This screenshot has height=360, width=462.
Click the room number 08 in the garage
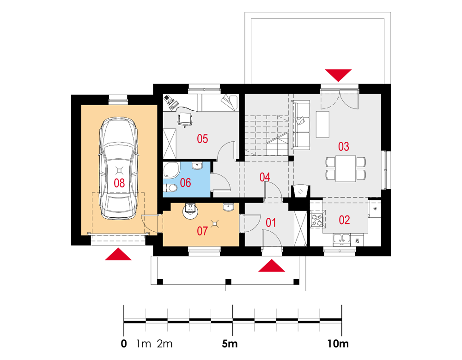119,183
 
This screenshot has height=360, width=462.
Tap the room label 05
202,138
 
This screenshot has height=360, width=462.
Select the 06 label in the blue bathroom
185,182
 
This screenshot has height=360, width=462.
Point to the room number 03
344,146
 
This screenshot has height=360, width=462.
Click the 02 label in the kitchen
344,220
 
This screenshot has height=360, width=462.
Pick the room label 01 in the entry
271,222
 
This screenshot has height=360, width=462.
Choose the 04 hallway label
265,177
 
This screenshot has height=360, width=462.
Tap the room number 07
202,231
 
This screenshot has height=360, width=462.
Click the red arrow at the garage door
118,254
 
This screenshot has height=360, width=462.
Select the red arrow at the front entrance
271,265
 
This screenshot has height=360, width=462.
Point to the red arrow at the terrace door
338,75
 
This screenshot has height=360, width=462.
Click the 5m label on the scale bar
230,343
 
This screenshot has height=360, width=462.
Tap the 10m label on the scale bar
338,343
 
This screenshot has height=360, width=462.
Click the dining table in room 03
346,168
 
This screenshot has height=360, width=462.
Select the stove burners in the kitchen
317,219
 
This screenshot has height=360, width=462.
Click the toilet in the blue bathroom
170,187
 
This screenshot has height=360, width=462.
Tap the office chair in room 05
185,120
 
